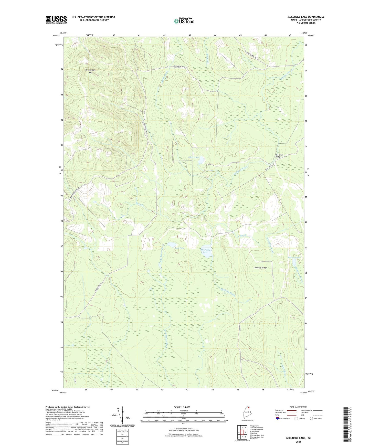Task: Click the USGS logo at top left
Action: pos(56,20)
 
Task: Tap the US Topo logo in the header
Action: pos(184,21)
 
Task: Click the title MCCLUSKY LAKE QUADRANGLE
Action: pos(302,17)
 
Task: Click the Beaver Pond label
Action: pos(294,257)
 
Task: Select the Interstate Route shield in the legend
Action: pos(278,418)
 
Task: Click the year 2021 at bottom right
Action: pos(298,442)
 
